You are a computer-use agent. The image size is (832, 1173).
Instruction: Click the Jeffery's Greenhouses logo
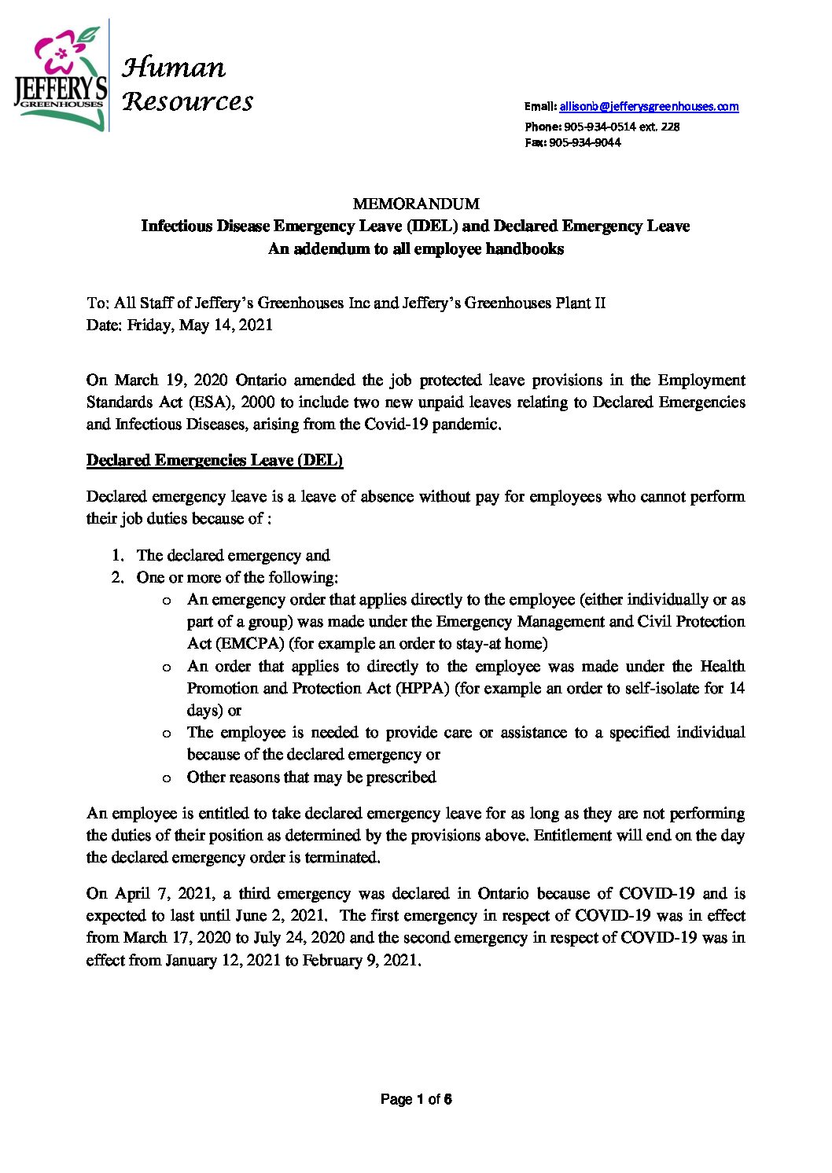pos(60,76)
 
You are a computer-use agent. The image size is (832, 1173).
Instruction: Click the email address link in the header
pos(649,106)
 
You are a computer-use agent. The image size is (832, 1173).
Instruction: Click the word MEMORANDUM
pos(415,204)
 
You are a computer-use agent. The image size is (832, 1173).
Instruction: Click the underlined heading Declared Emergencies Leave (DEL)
pos(215,461)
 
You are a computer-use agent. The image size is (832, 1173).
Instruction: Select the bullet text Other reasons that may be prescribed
pos(311,777)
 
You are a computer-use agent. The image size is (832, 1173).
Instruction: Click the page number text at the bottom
pos(415,1099)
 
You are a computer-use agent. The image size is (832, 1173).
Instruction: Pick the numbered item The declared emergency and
pos(233,555)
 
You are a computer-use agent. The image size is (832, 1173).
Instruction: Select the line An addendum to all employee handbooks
pos(415,248)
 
